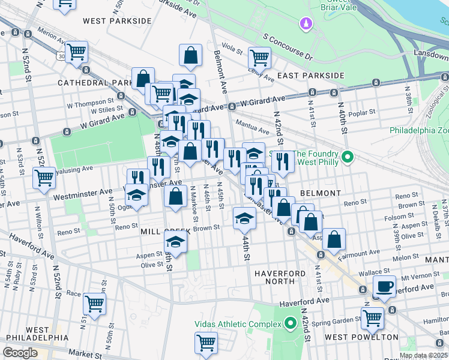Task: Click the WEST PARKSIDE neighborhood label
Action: pos(117,21)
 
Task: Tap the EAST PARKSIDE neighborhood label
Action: pos(310,76)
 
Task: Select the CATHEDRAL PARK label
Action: pos(95,82)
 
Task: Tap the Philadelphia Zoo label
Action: pos(419,130)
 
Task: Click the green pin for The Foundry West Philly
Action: pos(347,158)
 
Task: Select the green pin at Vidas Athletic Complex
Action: pos(291,325)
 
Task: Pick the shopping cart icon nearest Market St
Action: pos(206,343)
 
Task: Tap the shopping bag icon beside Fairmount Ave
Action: pos(334,239)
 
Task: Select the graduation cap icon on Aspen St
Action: pos(175,242)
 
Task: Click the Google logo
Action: pos(20,353)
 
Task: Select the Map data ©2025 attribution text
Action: pos(423,355)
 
